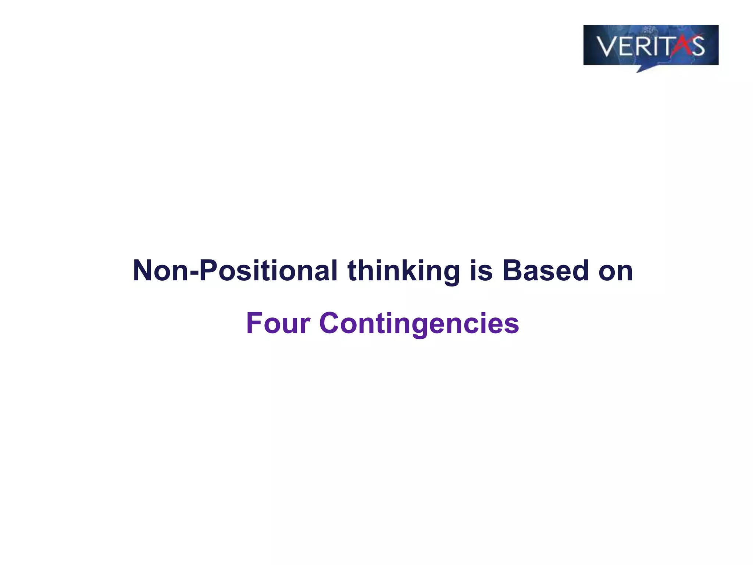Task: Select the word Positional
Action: pos(268,271)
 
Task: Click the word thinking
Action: pos(403,271)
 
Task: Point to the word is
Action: pos(481,271)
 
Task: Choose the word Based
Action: pos(546,271)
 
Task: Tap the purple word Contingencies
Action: pos(419,323)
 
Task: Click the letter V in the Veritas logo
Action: pos(607,46)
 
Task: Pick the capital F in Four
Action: pos(254,323)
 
